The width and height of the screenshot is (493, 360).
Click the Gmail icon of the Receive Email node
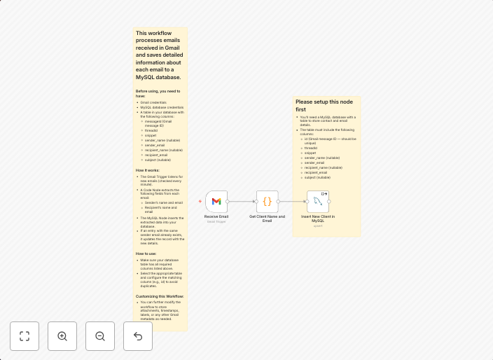click(216, 202)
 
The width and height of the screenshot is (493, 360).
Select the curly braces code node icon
click(267, 202)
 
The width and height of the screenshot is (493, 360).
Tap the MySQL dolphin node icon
click(317, 202)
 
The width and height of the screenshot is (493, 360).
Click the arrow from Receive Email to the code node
click(242, 202)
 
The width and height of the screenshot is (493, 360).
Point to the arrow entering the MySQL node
click(292, 202)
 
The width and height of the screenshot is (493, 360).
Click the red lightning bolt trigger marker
click(200, 202)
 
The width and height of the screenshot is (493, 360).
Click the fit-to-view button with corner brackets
click(25, 336)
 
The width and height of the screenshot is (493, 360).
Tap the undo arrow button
click(138, 336)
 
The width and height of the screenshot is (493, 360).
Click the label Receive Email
click(216, 216)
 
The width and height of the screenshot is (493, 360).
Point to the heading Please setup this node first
click(324, 106)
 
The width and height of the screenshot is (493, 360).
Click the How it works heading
click(148, 170)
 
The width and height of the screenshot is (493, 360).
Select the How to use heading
click(146, 254)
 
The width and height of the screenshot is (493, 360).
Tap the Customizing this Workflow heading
click(160, 296)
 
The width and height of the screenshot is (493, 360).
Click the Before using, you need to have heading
click(158, 93)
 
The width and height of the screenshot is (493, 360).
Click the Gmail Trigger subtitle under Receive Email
click(216, 221)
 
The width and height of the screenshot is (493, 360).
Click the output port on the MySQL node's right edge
click(329, 202)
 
